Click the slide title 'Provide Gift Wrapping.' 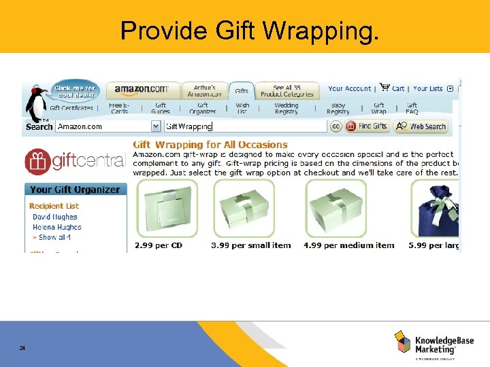click(249, 30)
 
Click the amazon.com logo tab click(142, 89)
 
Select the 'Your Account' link click(349, 88)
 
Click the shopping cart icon click(385, 88)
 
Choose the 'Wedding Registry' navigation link click(286, 108)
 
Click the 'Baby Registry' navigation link click(338, 108)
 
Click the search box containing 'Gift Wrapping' click(245, 126)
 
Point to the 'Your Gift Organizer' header click(75, 190)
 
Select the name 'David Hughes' click(55, 217)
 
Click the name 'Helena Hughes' click(56, 227)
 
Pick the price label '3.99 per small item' click(250, 245)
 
